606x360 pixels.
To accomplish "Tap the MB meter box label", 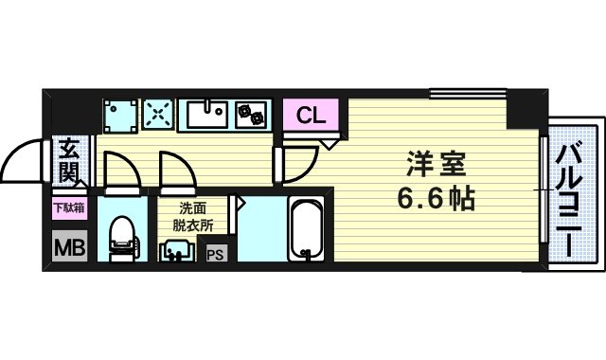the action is pyautogui.click(x=67, y=247).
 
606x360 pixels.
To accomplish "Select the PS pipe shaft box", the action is pyautogui.click(x=216, y=253).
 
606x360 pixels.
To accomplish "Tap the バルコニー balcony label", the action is pyautogui.click(x=569, y=199).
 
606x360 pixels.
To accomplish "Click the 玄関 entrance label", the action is pyautogui.click(x=70, y=160).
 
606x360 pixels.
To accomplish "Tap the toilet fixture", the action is pyautogui.click(x=122, y=237).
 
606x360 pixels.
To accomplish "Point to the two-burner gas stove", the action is pyautogui.click(x=253, y=116).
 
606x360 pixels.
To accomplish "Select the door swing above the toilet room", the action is pyautogui.click(x=120, y=171).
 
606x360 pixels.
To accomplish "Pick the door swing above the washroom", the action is pyautogui.click(x=177, y=171).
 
